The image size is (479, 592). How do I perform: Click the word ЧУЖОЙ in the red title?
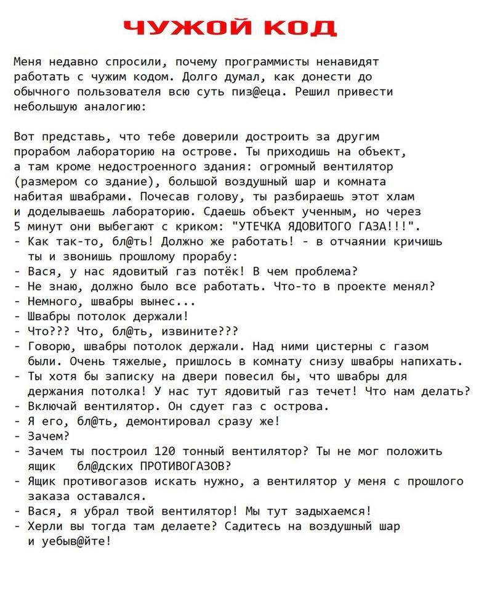click(x=185, y=28)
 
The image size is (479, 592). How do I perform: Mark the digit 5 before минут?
click(x=17, y=226)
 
